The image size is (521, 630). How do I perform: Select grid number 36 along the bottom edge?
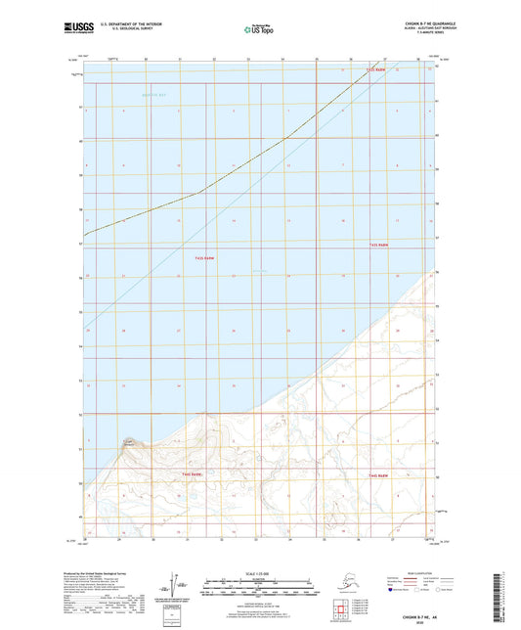[x=353, y=540]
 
